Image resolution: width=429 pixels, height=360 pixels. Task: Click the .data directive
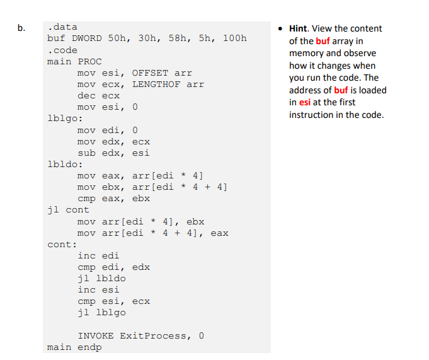click(62, 27)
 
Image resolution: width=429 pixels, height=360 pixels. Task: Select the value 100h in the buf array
click(235, 38)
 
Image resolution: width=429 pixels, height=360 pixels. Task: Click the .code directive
click(62, 50)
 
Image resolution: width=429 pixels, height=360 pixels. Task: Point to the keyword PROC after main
click(89, 61)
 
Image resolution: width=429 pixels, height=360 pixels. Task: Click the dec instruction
click(86, 96)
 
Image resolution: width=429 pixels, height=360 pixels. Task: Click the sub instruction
click(86, 153)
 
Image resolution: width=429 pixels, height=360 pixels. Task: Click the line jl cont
click(68, 210)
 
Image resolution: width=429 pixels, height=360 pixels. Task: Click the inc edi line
click(98, 256)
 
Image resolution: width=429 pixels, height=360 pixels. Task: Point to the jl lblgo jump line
click(101, 313)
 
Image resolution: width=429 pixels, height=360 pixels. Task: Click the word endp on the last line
click(89, 347)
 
